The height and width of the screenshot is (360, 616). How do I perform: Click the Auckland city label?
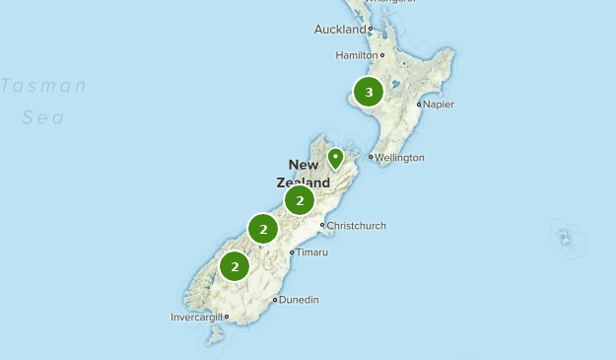point(339,30)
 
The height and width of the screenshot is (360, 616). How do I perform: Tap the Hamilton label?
point(356,55)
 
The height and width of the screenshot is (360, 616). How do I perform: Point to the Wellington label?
point(400,157)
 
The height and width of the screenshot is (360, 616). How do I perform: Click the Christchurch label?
point(357,226)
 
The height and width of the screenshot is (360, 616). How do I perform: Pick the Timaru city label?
point(312,252)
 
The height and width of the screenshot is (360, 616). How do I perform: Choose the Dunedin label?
point(299,300)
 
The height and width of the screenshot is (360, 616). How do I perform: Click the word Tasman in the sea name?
point(43,86)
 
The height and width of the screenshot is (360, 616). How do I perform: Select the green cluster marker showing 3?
point(369,93)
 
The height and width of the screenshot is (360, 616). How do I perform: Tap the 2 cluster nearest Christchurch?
point(300,201)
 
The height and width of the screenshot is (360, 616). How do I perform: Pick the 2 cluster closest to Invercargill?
point(235,266)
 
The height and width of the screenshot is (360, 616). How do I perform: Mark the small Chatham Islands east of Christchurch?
point(564,238)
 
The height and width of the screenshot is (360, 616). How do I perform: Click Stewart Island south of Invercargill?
point(214,335)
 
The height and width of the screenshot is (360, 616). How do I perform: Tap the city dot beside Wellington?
point(371,157)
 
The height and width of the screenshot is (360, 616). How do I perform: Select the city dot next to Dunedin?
point(275,300)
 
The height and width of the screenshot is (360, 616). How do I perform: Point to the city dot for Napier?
point(419,104)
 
